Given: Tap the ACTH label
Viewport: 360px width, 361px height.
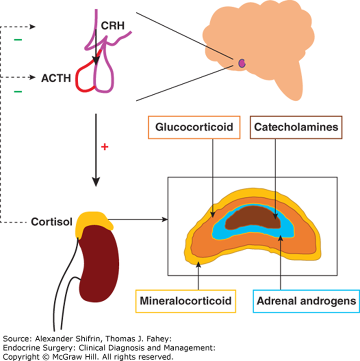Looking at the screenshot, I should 55,78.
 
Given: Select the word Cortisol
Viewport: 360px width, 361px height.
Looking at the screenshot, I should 52,222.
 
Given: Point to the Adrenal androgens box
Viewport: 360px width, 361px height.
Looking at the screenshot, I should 306,301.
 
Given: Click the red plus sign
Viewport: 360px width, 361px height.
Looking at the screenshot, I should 104,148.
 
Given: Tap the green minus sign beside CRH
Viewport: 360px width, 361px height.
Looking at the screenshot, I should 18,40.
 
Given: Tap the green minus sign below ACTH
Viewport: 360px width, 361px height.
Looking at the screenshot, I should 18,92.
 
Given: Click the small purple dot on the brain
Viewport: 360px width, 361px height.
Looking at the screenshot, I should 242,63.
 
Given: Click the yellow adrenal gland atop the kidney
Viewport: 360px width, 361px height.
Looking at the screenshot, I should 94,222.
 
